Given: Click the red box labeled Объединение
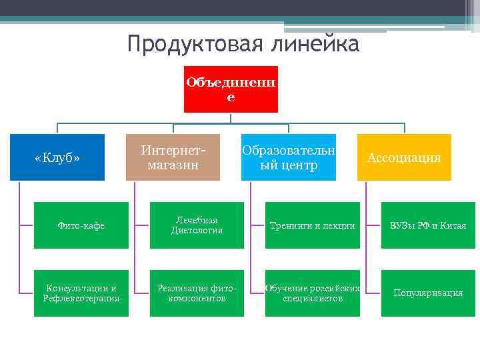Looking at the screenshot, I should click(231, 89).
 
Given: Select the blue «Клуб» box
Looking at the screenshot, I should click(57, 157).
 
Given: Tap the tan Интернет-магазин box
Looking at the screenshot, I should click(173, 157).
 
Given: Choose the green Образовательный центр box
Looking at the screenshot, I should click(288, 157).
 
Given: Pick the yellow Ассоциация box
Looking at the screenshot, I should click(404, 157).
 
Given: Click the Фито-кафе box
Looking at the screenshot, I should click(81, 225).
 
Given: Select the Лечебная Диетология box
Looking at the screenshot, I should click(197, 225).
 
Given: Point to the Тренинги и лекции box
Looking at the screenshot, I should click(312, 225).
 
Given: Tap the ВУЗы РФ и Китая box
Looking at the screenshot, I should click(428, 225).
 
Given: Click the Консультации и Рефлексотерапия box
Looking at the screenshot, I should click(81, 293).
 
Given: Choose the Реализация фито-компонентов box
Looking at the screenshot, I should click(197, 293).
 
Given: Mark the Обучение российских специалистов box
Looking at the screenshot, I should click(312, 293).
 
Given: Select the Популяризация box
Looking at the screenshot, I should click(428, 293).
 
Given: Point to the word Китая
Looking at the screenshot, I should click(452, 226).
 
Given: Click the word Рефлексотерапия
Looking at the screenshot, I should click(82, 298).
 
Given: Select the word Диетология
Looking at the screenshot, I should click(197, 231).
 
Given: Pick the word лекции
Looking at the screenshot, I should click(339, 226).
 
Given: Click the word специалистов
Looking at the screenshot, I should click(313, 298).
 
